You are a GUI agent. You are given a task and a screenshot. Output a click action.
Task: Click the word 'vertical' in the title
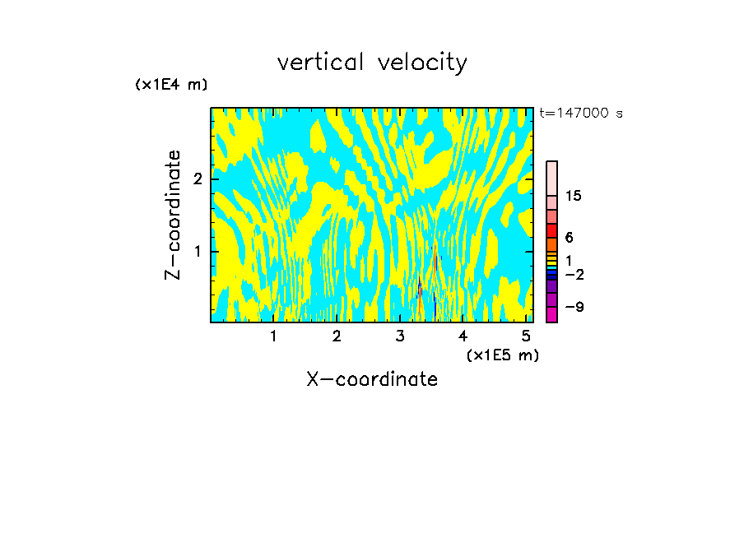click(x=321, y=62)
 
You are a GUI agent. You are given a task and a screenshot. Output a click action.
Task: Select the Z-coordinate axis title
click(x=173, y=215)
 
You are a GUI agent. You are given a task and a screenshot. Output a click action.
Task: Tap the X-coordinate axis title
click(x=372, y=379)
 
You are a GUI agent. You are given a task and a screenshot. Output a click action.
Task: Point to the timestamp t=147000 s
click(x=581, y=113)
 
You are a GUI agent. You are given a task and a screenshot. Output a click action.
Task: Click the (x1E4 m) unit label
click(x=171, y=84)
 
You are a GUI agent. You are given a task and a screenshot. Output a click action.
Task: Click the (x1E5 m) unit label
click(x=502, y=355)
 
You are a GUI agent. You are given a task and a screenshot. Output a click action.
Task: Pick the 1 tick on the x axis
click(x=274, y=336)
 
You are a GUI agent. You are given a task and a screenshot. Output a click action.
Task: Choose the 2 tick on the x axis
click(x=337, y=336)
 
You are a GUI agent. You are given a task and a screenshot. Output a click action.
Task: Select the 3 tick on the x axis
click(x=400, y=336)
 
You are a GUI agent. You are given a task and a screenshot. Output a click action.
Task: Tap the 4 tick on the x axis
click(x=463, y=336)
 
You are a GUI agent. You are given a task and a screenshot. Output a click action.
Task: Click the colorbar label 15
click(x=574, y=196)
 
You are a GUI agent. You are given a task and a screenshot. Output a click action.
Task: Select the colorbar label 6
click(x=569, y=237)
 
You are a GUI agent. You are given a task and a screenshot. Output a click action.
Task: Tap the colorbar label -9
click(x=573, y=307)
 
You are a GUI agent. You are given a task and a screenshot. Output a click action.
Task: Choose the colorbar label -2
click(x=573, y=275)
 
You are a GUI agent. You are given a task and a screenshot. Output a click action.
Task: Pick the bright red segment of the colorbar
click(x=551, y=230)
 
